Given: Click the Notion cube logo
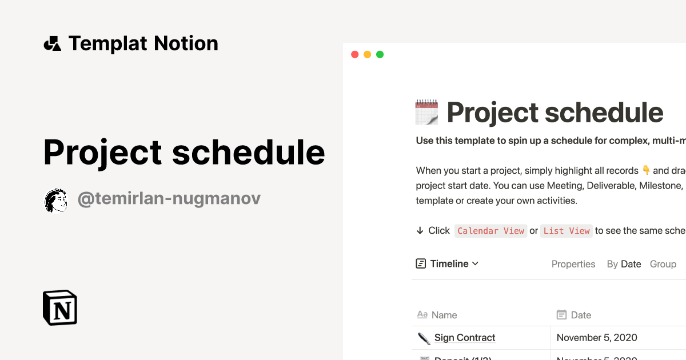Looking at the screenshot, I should pyautogui.click(x=60, y=307).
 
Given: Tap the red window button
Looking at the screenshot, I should pyautogui.click(x=354, y=54).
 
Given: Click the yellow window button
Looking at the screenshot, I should pyautogui.click(x=367, y=54).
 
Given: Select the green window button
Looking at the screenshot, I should pyautogui.click(x=380, y=54).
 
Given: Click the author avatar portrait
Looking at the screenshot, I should pyautogui.click(x=56, y=200).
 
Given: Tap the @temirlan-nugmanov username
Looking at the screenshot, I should pyautogui.click(x=169, y=199).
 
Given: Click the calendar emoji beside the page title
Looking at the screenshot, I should pyautogui.click(x=426, y=112).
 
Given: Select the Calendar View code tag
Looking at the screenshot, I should pyautogui.click(x=490, y=231).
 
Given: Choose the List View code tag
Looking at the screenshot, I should pyautogui.click(x=566, y=231).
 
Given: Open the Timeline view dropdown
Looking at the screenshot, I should pyautogui.click(x=447, y=263).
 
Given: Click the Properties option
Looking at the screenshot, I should pyautogui.click(x=573, y=264).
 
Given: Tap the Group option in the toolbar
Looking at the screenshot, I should pyautogui.click(x=663, y=264).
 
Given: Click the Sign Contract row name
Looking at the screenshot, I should pyautogui.click(x=465, y=338).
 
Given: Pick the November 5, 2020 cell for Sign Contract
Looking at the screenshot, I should pyautogui.click(x=597, y=338).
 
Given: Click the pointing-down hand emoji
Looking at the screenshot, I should pyautogui.click(x=647, y=170).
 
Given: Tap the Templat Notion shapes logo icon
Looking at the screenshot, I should pyautogui.click(x=53, y=43).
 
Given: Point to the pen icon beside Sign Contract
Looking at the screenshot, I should pyautogui.click(x=424, y=338).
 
